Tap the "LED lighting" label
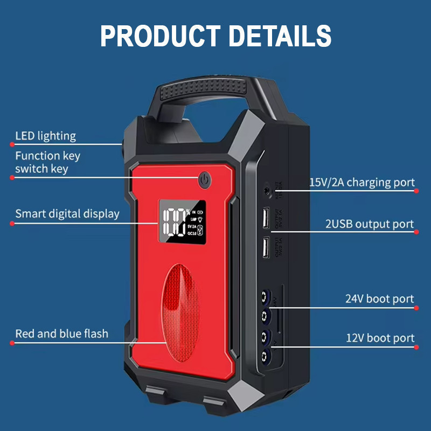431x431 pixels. pyautogui.click(x=45, y=136)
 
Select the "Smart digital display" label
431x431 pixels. pyautogui.click(x=67, y=213)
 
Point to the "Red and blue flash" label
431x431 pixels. pyautogui.click(x=61, y=333)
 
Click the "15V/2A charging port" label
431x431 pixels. pyautogui.click(x=362, y=182)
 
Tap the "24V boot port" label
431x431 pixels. pyautogui.click(x=379, y=298)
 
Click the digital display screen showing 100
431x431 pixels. pyautogui.click(x=182, y=222)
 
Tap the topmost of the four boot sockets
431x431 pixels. pyautogui.click(x=265, y=296)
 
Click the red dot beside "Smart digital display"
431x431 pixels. pyautogui.click(x=12, y=223)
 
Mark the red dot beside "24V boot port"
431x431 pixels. pyautogui.click(x=416, y=308)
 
